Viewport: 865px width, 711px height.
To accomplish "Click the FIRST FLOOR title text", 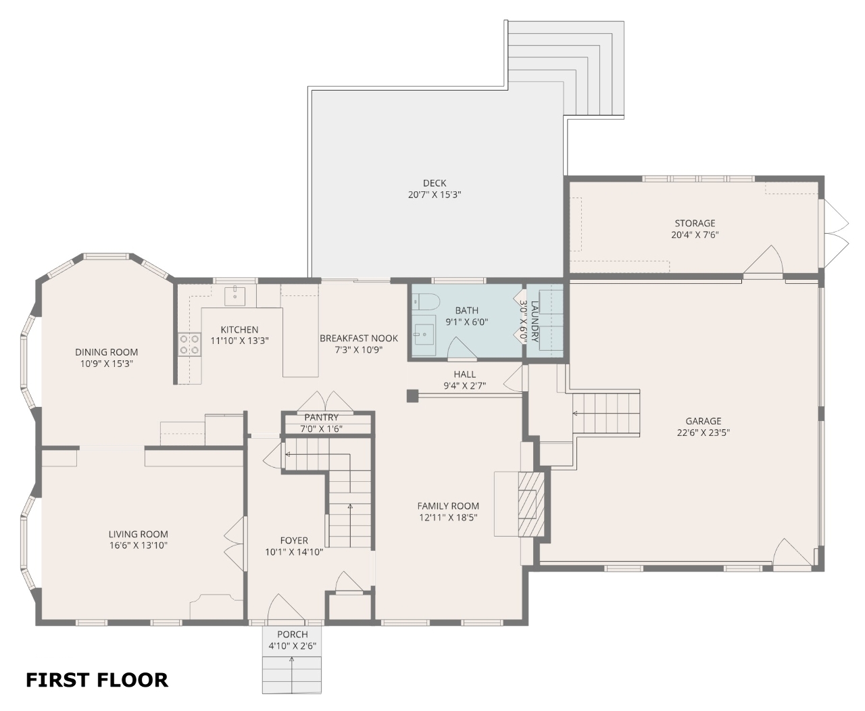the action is click(x=97, y=680).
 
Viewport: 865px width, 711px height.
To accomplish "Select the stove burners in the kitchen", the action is click(x=189, y=345).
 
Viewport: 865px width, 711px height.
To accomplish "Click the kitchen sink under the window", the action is click(x=234, y=296).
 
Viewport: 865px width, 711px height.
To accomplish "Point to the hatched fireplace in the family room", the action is click(x=531, y=504).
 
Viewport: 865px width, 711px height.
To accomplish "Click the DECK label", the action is click(x=435, y=183).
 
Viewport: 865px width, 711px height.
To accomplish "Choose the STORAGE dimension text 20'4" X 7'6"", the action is click(x=695, y=235).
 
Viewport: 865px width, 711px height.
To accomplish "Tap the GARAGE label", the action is click(x=703, y=421).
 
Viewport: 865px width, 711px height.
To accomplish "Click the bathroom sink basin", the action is click(x=424, y=334).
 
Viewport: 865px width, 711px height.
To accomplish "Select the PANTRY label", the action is click(x=321, y=417).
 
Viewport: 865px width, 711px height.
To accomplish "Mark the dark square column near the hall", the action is click(x=412, y=396).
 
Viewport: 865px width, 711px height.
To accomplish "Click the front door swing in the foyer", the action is click(x=286, y=607).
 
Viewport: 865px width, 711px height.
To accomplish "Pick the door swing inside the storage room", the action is click(x=763, y=260).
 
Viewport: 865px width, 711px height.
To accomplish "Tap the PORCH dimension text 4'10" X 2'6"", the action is click(x=292, y=646).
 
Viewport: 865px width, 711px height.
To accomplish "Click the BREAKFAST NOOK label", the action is click(x=358, y=339).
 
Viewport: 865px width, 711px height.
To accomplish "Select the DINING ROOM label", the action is click(x=106, y=352).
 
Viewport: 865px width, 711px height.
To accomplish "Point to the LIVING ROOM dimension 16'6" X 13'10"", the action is click(x=139, y=545).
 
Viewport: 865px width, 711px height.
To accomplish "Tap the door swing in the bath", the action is click(x=462, y=349).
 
